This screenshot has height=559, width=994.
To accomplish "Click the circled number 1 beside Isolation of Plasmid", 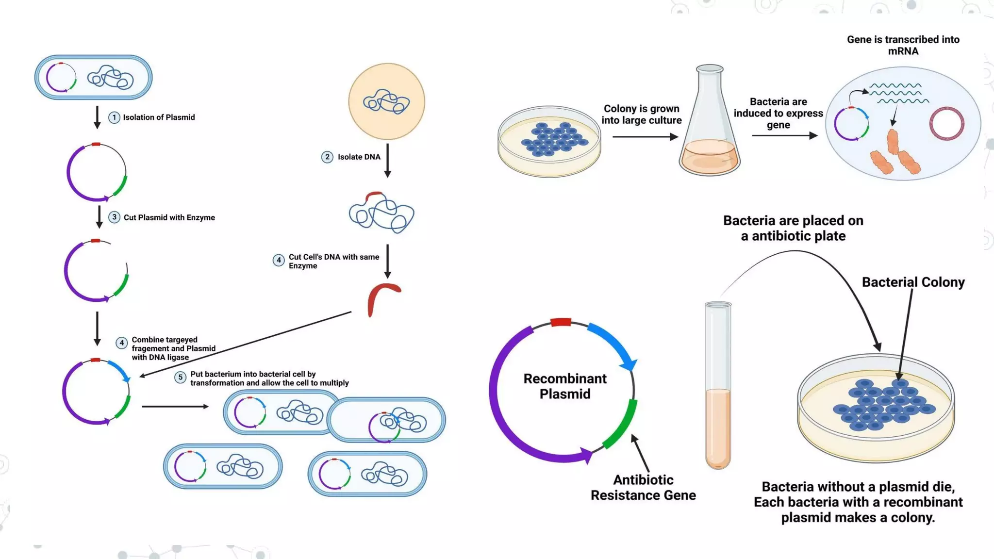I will [114, 117].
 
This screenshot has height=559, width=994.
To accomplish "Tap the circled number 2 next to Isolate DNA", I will [327, 157].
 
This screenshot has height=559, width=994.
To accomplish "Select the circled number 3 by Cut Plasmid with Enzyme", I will [114, 217].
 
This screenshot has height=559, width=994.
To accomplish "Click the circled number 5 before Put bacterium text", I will [180, 378].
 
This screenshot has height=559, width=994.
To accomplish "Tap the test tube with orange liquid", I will [718, 388].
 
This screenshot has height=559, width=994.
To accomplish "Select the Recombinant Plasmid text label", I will [564, 386].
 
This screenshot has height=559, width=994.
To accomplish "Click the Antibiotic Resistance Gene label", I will [643, 488].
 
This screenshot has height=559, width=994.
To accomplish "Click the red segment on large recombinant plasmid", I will [561, 322].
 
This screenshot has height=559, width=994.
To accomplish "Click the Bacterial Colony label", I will [913, 282].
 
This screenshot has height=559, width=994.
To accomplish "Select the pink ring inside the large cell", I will [946, 124].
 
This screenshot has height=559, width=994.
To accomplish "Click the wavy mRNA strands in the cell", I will [898, 93].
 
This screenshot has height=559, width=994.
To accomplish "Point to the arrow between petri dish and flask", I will [645, 137].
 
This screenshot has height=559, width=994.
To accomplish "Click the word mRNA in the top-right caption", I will [903, 51].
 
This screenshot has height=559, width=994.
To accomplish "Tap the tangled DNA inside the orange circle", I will [386, 102].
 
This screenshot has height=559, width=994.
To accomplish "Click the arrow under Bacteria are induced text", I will [784, 135].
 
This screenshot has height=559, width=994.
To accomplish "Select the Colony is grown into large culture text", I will [642, 115].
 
